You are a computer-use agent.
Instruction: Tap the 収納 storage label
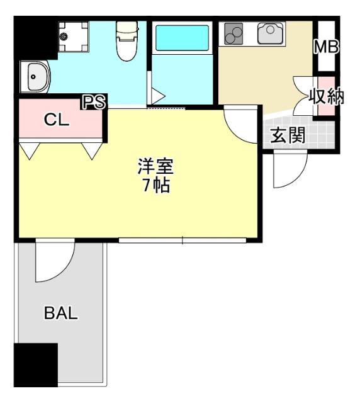point(326,98)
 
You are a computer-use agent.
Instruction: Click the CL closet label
point(56,120)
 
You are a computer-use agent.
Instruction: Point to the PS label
point(95,102)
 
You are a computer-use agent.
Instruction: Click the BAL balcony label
point(61,313)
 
